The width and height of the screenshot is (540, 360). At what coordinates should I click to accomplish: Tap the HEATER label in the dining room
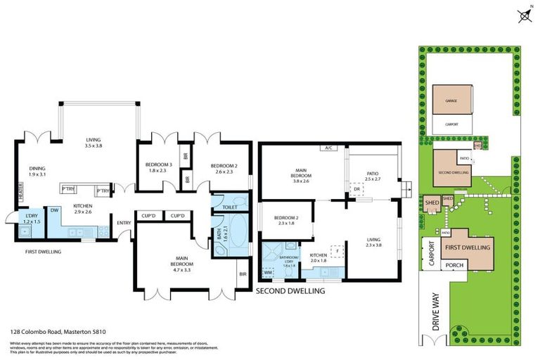click(20, 188)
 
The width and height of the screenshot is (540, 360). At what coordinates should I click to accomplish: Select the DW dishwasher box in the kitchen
click(54, 210)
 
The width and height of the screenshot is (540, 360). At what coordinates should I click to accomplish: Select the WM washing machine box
click(267, 271)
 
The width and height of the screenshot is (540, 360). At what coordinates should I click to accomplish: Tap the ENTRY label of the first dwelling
click(124, 224)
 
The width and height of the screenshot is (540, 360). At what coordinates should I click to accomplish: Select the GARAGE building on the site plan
click(451, 101)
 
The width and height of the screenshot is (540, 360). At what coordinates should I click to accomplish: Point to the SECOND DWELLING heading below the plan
click(290, 290)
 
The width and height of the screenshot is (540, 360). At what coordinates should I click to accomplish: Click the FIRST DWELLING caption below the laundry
click(42, 251)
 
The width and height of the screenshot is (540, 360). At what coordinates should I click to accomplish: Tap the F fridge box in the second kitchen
click(337, 250)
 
